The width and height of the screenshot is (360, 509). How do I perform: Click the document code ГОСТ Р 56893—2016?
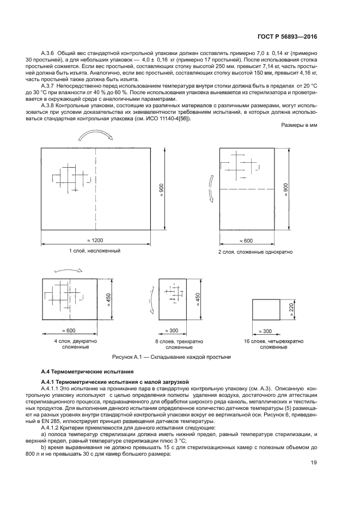(x=286, y=36)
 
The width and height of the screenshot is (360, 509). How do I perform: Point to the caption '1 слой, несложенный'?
(x=95, y=251)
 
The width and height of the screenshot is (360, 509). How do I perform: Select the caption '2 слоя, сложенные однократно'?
(x=255, y=253)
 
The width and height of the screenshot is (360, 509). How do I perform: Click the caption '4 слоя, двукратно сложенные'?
(x=71, y=344)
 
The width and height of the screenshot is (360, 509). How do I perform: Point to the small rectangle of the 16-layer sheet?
(x=266, y=311)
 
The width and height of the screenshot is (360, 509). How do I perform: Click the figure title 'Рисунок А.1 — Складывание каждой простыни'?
(x=171, y=357)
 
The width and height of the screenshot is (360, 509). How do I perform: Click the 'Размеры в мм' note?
(x=299, y=125)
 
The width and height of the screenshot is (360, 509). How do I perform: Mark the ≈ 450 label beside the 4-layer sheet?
(x=108, y=300)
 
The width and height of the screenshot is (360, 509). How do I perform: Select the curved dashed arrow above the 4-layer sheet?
(x=69, y=269)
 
